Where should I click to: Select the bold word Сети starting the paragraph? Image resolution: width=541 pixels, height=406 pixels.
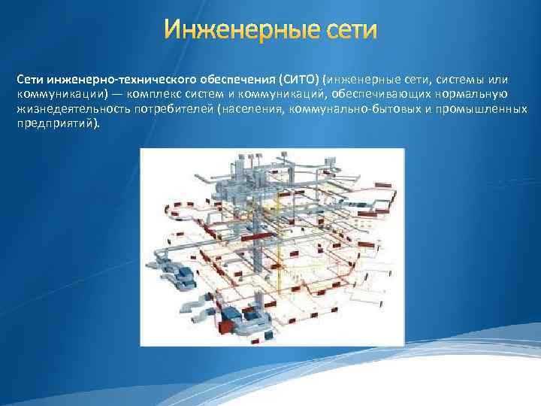[30, 78]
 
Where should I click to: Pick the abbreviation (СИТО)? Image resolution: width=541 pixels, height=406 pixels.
[298, 78]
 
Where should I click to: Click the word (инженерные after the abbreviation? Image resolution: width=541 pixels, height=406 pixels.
[357, 78]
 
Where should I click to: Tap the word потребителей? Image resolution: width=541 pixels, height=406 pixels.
[173, 109]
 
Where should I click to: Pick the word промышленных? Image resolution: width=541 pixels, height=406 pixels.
[482, 109]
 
